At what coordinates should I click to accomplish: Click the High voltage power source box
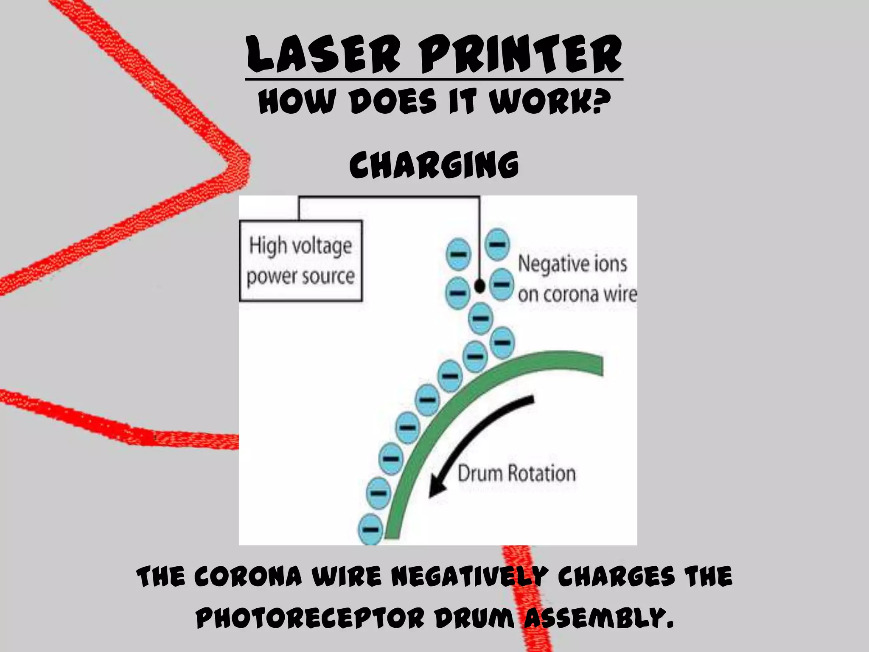click(x=301, y=261)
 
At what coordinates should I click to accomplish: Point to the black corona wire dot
click(x=479, y=286)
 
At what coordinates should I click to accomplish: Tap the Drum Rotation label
click(x=517, y=473)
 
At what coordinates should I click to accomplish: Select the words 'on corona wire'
click(x=577, y=294)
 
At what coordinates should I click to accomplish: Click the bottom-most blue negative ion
click(x=371, y=529)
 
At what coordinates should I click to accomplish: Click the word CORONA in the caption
click(x=248, y=577)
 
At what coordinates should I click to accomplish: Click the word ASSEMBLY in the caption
click(x=599, y=618)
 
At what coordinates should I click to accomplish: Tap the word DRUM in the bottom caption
click(x=474, y=618)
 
